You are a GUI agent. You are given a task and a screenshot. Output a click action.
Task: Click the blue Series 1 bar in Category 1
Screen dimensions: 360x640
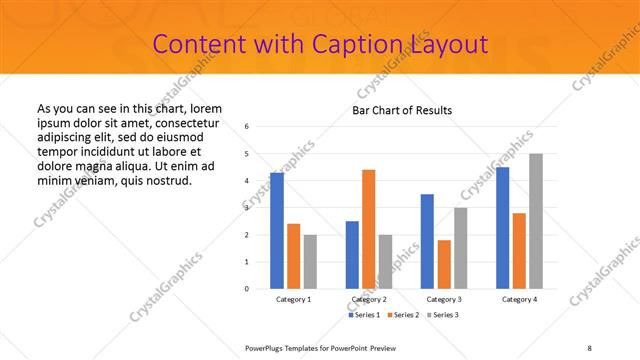click(277, 230)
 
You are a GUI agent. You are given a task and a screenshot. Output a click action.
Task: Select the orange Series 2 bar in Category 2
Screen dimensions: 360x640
click(369, 229)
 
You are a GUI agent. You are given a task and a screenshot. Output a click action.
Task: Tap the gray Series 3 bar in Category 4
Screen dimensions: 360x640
click(536, 221)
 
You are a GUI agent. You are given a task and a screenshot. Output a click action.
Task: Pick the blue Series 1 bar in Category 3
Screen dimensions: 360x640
click(427, 241)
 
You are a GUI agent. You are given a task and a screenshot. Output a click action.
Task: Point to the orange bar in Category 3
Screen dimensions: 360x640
click(444, 264)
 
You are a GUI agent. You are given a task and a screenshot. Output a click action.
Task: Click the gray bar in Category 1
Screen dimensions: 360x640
click(310, 261)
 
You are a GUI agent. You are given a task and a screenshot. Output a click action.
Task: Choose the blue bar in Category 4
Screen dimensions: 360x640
click(503, 228)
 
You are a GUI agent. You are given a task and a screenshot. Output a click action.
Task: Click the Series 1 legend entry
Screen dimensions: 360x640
click(364, 315)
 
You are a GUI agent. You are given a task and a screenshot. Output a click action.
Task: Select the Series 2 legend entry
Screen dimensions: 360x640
click(402, 315)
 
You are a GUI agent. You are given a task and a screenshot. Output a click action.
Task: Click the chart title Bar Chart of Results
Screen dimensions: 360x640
click(402, 110)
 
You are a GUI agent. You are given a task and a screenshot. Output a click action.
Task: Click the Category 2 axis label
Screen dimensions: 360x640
click(369, 299)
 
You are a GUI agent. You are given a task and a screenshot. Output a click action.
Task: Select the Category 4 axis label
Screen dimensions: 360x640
click(519, 299)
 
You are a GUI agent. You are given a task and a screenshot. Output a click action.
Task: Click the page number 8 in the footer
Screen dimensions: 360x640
click(589, 347)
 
